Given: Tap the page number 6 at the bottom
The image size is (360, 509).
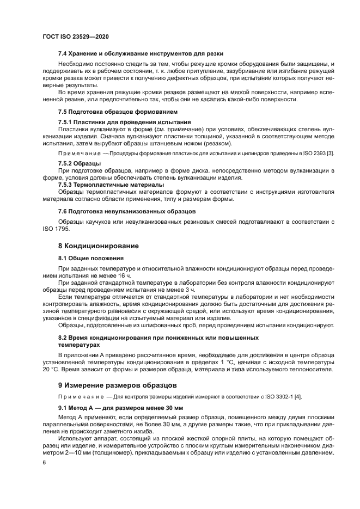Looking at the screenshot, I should click(44, 462).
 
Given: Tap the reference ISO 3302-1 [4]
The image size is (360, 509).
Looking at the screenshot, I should click(264, 397).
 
